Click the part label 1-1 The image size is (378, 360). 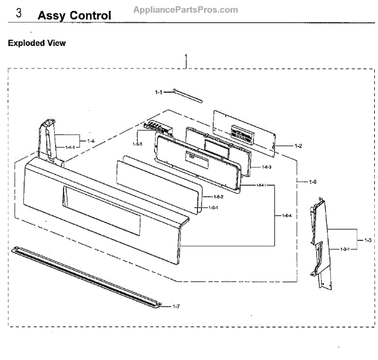coord(159,93)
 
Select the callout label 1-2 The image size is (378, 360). coord(298,146)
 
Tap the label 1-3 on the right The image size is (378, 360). coord(367,240)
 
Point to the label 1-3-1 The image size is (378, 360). coord(345,250)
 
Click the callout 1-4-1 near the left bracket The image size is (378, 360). coord(70,146)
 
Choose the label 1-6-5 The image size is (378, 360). coord(137,144)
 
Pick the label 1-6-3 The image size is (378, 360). coord(266,167)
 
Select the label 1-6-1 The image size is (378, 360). coord(213,207)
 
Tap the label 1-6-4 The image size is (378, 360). coord(287,216)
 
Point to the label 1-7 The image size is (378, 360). coord(176,306)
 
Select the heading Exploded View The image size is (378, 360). coord(36,44)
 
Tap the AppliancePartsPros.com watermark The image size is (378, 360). coord(186,9)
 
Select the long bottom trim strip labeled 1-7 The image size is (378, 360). coord(88,277)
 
